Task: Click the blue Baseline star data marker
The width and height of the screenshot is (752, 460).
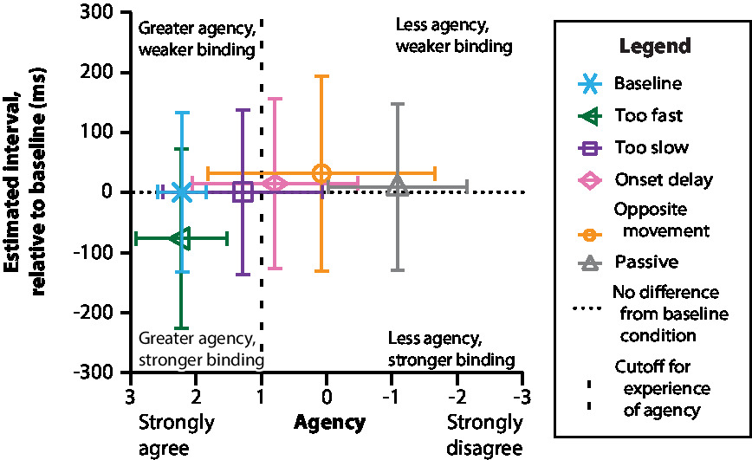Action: pyautogui.click(x=181, y=192)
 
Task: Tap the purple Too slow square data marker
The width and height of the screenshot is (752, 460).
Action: pyautogui.click(x=243, y=192)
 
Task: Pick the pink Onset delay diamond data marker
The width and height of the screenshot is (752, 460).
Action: pyautogui.click(x=276, y=184)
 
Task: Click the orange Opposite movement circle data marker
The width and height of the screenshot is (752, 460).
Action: pyautogui.click(x=321, y=173)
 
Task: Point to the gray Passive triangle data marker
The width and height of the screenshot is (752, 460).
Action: pyautogui.click(x=398, y=185)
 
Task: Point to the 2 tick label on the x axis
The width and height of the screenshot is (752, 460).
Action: pyautogui.click(x=196, y=395)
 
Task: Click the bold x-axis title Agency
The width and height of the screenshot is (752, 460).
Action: pyautogui.click(x=329, y=424)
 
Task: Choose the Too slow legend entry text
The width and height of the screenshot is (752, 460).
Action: pyautogui.click(x=652, y=147)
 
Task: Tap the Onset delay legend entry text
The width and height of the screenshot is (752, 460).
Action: pyautogui.click(x=664, y=179)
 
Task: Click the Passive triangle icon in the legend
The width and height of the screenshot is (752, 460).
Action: pyautogui.click(x=590, y=262)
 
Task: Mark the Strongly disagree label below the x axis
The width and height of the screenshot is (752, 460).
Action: pyautogui.click(x=485, y=435)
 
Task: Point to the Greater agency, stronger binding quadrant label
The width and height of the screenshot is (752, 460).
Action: pyautogui.click(x=196, y=348)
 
